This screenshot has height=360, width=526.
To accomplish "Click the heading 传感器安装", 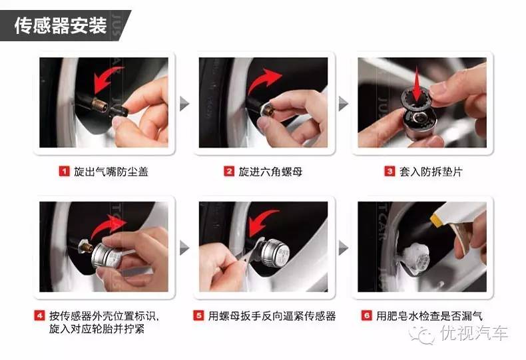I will [x=61, y=25].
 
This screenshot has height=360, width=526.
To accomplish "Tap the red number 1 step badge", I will [x=65, y=172].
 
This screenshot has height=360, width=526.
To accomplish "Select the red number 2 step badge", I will [x=228, y=172].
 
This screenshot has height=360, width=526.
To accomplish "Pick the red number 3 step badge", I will [x=389, y=172].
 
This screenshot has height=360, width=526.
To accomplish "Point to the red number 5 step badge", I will [x=198, y=315].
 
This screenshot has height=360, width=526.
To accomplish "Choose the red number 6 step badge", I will [x=367, y=315].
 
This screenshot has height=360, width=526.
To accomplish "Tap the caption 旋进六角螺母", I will [x=271, y=172].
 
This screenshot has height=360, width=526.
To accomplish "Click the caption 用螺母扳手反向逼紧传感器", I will [x=272, y=315].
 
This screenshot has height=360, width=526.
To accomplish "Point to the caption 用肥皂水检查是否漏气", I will [x=429, y=315].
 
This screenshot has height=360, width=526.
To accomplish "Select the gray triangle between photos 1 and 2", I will [x=186, y=104].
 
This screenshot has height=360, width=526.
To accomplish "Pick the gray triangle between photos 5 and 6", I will [x=344, y=248].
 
